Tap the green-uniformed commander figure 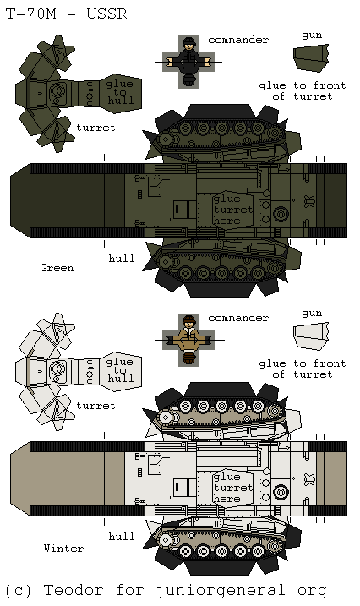click(188, 61)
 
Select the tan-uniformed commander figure click(189, 338)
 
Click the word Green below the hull click(57, 268)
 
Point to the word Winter click(63, 548)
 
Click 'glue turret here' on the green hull click(232, 210)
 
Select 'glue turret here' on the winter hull click(232, 488)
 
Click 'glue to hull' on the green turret click(119, 92)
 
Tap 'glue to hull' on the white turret click(120, 370)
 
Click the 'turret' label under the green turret click(95, 128)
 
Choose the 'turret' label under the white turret click(95, 406)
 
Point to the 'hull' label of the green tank click(122, 258)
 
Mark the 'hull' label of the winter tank click(122, 536)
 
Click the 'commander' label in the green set click(238, 40)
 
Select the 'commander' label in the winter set click(238, 318)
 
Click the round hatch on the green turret click(58, 91)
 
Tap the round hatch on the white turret click(58, 369)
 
